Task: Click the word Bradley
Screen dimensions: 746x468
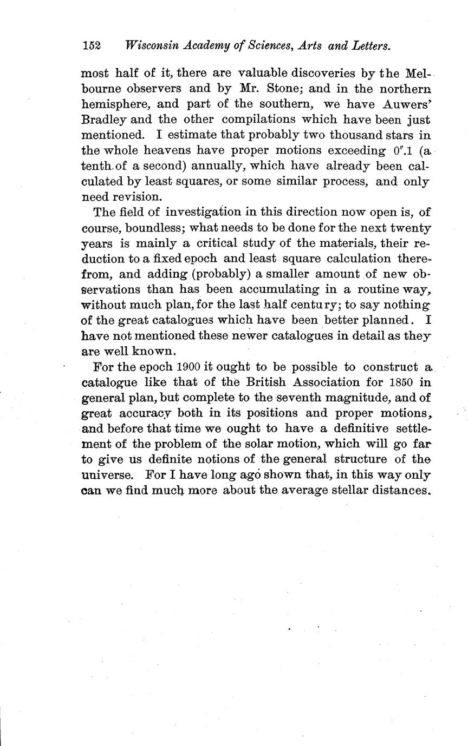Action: pyautogui.click(x=104, y=119)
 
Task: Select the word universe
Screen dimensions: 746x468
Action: pyautogui.click(x=106, y=476)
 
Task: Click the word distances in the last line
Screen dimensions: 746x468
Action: pyautogui.click(x=401, y=491)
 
